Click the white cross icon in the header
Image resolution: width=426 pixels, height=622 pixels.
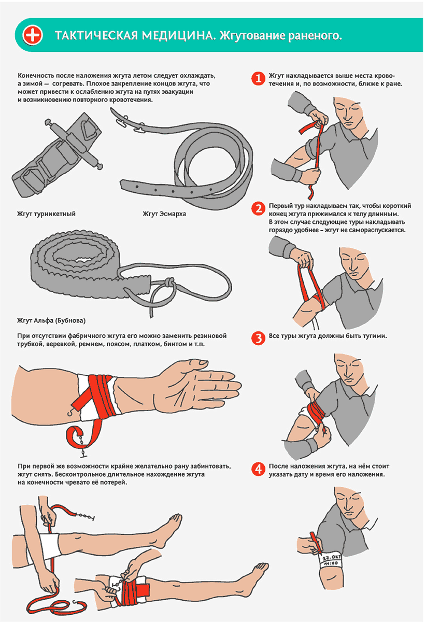click(33, 35)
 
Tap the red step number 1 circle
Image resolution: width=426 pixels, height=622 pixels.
click(258, 78)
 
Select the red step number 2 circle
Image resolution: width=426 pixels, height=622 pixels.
click(258, 208)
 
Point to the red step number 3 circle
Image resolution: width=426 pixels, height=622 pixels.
click(258, 338)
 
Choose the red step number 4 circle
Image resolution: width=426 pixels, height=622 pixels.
click(258, 469)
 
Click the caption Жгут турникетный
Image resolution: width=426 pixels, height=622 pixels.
click(46, 214)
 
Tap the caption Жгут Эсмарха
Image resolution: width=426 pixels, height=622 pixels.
click(164, 214)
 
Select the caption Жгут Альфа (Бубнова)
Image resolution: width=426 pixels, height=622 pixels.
click(51, 321)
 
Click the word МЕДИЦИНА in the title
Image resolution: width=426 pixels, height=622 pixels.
click(178, 36)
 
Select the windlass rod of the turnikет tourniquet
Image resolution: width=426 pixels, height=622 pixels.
click(74, 144)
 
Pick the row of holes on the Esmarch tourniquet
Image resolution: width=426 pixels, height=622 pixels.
click(174, 190)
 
